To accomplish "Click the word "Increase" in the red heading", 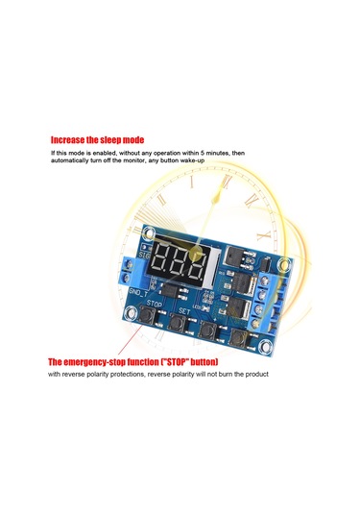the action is (x=69, y=137).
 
